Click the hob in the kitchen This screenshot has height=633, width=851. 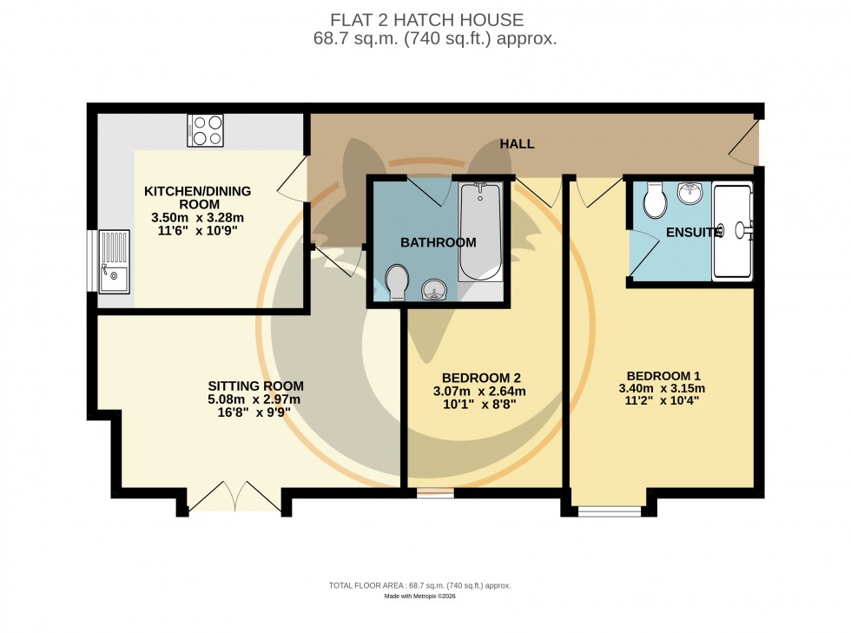pos(205,130)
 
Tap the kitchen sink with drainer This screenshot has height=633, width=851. pos(114,261)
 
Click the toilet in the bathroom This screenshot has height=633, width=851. pos(398,282)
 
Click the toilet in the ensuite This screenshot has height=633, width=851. pos(655,201)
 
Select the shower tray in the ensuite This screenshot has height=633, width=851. pos(733,231)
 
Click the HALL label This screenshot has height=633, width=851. pos(517,144)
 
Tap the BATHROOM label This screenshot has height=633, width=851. pos(439,242)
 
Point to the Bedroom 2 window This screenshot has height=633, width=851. pos(434,493)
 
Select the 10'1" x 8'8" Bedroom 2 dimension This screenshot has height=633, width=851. pos(481,404)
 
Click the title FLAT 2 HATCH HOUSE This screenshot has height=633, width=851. pos(426,20)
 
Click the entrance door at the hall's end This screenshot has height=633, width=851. pos(743,143)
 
